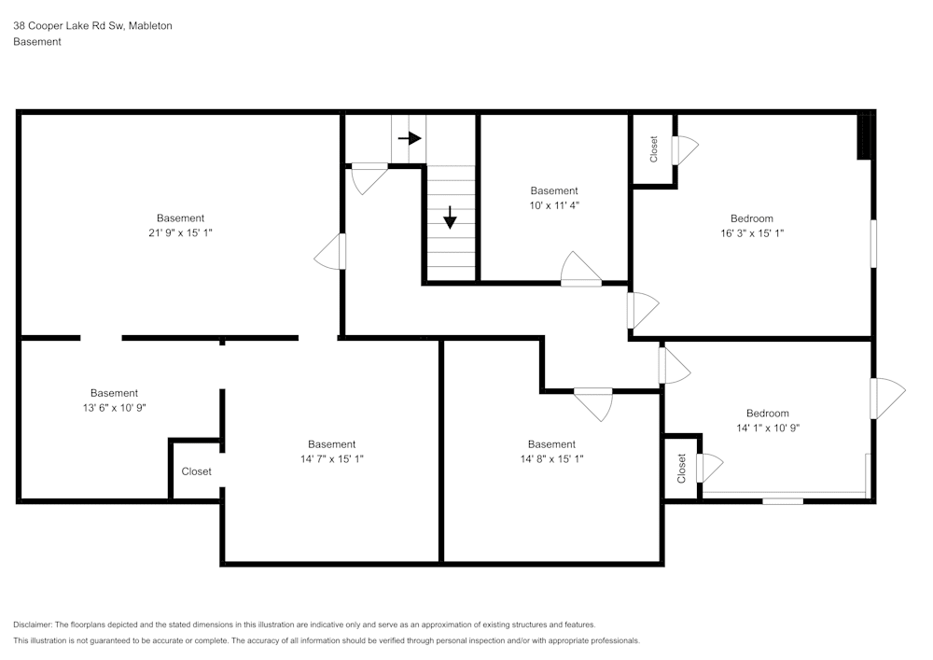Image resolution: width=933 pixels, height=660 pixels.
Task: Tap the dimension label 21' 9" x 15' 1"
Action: pyautogui.click(x=180, y=233)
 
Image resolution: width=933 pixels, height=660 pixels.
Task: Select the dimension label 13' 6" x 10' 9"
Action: pyautogui.click(x=115, y=408)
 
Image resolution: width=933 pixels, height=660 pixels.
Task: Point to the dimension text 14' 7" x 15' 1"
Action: pyautogui.click(x=331, y=459)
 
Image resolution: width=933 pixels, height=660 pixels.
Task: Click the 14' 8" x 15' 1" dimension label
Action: pyautogui.click(x=551, y=459)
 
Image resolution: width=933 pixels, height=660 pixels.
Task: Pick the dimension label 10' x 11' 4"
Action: pyautogui.click(x=554, y=205)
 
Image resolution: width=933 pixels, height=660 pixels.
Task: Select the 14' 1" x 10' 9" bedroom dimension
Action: pyautogui.click(x=767, y=428)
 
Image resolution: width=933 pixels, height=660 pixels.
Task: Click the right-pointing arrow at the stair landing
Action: pyautogui.click(x=409, y=138)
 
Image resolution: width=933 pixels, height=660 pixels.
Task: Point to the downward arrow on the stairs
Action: pyautogui.click(x=450, y=217)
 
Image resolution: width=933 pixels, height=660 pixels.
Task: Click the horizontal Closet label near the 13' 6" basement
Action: pyautogui.click(x=196, y=471)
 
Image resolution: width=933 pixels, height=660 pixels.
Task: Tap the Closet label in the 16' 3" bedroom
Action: pyautogui.click(x=654, y=149)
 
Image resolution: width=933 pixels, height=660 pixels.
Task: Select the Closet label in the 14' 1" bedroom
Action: pyautogui.click(x=682, y=467)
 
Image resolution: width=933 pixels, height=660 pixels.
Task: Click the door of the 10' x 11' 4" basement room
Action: pyautogui.click(x=580, y=271)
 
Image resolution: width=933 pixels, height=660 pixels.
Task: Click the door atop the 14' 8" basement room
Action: pyautogui.click(x=592, y=403)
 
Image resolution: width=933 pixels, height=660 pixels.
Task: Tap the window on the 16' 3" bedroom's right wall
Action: pyautogui.click(x=874, y=244)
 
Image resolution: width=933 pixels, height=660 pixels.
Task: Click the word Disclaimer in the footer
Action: pyautogui.click(x=33, y=625)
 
